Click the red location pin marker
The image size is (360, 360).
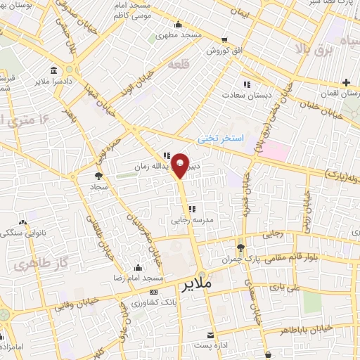181,165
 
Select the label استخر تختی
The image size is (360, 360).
219,139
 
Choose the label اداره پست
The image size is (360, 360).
213,345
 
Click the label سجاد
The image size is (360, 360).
97,188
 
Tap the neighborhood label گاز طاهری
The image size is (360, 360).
33,265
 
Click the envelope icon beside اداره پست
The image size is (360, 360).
209,334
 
